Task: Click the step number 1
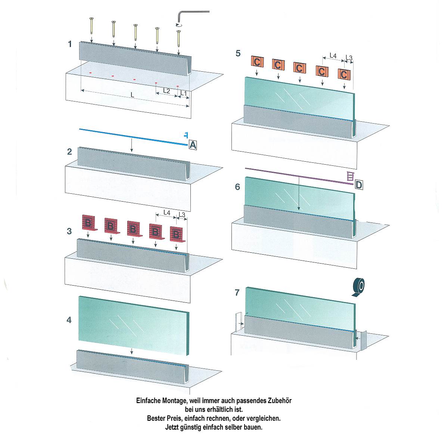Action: pyautogui.click(x=70, y=44)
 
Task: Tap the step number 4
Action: pyautogui.click(x=69, y=320)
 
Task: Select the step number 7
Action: pyautogui.click(x=237, y=292)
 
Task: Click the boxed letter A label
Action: pyautogui.click(x=193, y=145)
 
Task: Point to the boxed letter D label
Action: pyautogui.click(x=359, y=185)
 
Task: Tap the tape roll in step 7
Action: pyautogui.click(x=358, y=287)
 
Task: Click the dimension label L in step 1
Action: pyautogui.click(x=132, y=95)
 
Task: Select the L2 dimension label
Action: pyautogui.click(x=167, y=91)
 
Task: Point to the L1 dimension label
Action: pyautogui.click(x=184, y=93)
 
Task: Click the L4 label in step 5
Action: pyautogui.click(x=333, y=56)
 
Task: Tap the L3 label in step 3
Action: pyautogui.click(x=182, y=215)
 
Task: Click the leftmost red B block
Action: pyautogui.click(x=89, y=223)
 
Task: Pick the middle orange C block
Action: pyautogui.click(x=299, y=68)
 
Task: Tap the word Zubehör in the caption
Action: pyautogui.click(x=280, y=401)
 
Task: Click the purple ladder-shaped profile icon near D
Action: pyautogui.click(x=350, y=176)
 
